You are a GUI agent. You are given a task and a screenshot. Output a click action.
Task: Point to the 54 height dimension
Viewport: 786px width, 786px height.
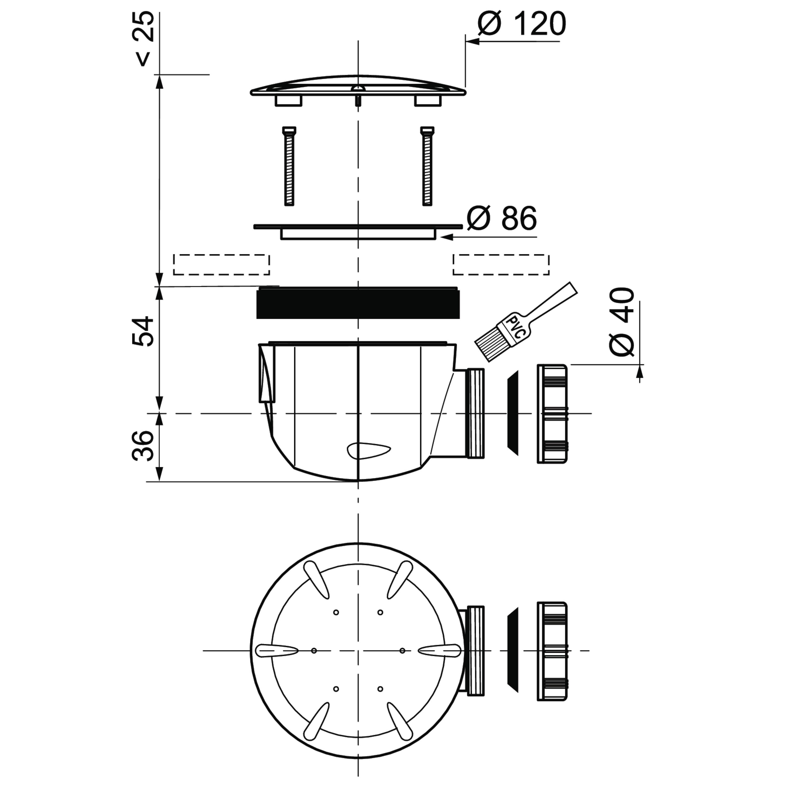point(143,332)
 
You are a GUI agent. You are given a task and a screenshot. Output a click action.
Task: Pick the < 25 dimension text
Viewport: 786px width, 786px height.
point(143,39)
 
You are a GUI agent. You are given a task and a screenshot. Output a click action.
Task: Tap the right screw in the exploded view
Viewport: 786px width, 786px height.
point(427,166)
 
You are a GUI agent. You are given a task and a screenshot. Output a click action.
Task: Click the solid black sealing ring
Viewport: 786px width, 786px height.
point(358,303)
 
